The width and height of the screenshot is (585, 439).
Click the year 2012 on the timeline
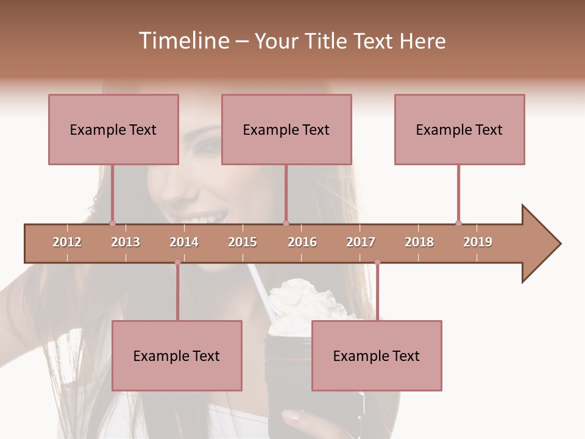67,242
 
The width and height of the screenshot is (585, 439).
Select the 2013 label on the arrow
126,242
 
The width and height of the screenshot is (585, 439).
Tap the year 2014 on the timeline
184,242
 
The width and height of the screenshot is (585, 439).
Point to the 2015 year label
243,242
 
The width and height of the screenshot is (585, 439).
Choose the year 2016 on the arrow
302,242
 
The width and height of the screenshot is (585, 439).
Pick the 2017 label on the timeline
361,242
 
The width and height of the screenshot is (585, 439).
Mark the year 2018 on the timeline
419,242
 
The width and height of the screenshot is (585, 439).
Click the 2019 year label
478,242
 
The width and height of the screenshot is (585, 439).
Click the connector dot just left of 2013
112,223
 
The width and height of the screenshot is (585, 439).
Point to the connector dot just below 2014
177,262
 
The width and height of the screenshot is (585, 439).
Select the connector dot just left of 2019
458,223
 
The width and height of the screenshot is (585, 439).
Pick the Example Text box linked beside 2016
286,129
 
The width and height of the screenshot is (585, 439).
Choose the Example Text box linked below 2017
377,355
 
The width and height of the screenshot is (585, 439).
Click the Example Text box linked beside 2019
459,129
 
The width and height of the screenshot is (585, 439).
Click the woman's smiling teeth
204,218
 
